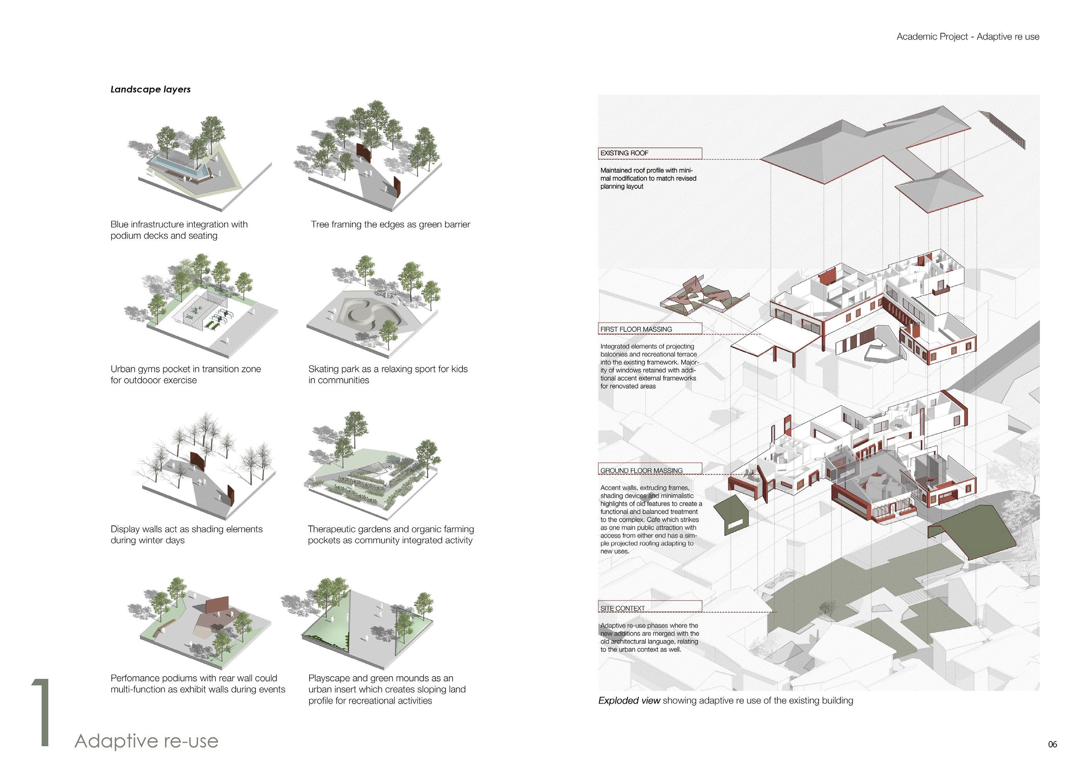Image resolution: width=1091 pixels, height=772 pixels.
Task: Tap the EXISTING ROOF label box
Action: (x=650, y=153)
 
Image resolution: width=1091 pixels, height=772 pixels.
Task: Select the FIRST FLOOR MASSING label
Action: (x=650, y=329)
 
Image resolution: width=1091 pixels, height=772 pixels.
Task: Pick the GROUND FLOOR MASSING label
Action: (x=650, y=470)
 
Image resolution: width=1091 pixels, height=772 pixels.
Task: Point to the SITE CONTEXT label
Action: (x=650, y=608)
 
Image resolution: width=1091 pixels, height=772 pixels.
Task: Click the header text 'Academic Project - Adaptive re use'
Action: (x=968, y=37)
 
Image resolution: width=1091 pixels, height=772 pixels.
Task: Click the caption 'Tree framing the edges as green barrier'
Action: (x=390, y=225)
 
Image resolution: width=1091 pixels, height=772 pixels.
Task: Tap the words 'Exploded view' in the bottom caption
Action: (x=629, y=700)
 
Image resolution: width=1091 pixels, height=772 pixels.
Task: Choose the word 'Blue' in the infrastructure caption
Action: (x=119, y=225)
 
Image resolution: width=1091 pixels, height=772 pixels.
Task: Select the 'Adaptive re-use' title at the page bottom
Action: (x=147, y=741)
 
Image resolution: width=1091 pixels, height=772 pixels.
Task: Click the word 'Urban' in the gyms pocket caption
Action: (x=123, y=369)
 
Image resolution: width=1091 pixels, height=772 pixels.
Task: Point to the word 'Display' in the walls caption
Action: (x=125, y=529)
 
